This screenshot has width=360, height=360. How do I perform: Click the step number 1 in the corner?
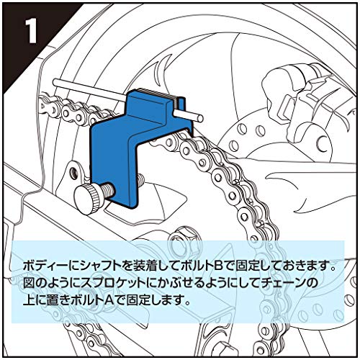(30, 32)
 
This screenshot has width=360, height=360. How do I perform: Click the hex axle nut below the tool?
(181, 238)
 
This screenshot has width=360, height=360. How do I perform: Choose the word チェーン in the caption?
(286, 284)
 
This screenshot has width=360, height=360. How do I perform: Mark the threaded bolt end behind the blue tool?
(141, 179)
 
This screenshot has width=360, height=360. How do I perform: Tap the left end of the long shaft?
(55, 82)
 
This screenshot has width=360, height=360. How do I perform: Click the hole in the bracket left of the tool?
(73, 171)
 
